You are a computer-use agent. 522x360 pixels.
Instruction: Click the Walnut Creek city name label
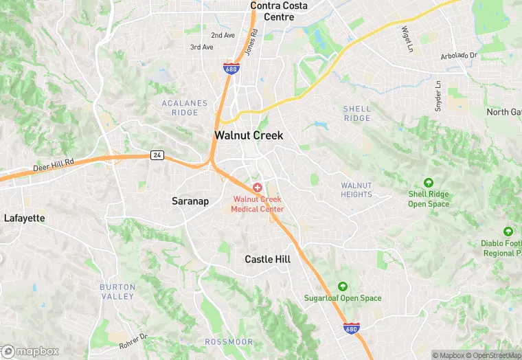click(249, 135)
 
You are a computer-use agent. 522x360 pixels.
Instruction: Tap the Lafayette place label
click(24, 218)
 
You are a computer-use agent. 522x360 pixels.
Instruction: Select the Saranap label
click(190, 201)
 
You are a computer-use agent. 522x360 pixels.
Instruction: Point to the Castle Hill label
click(268, 259)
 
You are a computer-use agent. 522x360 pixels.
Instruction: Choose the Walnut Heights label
click(356, 190)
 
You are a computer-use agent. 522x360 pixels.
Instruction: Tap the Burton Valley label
click(117, 291)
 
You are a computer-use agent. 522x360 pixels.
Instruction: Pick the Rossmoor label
click(229, 341)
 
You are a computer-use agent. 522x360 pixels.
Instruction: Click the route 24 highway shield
click(157, 155)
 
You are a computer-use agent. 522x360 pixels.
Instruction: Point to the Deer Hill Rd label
click(53, 165)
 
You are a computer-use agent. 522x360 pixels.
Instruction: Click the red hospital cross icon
click(258, 187)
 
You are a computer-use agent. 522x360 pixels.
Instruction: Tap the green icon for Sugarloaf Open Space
click(343, 286)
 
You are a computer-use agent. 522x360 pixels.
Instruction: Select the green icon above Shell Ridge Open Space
click(429, 183)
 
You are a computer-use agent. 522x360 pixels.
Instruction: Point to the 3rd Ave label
click(202, 47)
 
